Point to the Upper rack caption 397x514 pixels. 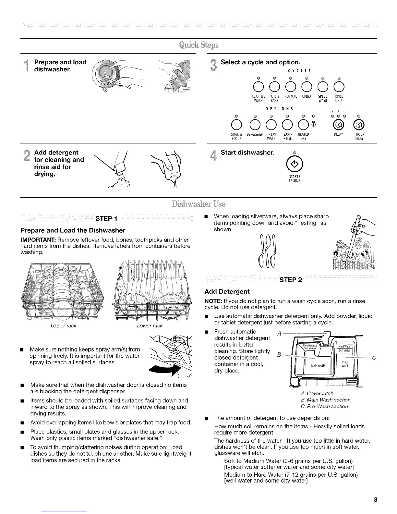(64, 325)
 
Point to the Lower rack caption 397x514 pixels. (150, 325)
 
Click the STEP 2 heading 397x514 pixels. (290, 280)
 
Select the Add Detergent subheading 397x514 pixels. (227, 291)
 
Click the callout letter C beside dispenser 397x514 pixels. (374, 358)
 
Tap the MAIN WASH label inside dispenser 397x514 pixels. (318, 365)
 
